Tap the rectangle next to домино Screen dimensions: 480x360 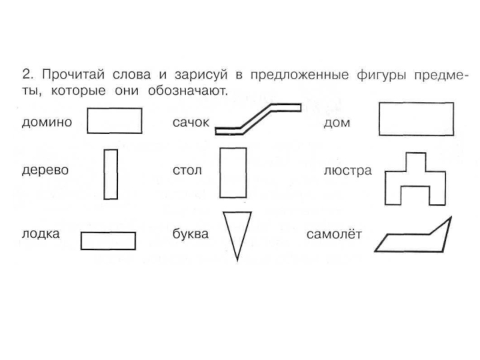(115, 121)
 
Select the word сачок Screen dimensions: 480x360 (190, 122)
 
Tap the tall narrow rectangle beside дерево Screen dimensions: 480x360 (110, 174)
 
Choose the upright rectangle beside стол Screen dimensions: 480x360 (233, 173)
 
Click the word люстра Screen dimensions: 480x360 (347, 170)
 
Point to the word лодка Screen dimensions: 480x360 (41, 234)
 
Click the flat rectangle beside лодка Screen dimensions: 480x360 (108, 241)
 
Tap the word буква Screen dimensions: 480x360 (190, 234)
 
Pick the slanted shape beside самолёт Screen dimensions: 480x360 (414, 239)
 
